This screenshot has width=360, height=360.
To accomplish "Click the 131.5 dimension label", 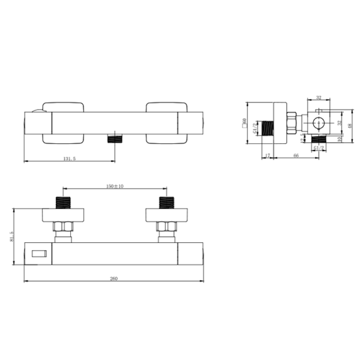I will click(69, 158).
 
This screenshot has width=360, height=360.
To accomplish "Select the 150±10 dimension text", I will click(114, 186).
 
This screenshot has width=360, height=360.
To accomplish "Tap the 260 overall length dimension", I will click(113, 279).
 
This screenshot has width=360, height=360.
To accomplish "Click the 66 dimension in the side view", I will click(296, 155).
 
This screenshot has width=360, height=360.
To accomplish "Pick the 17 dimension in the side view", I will click(268, 155).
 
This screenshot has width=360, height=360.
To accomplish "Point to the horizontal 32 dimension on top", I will click(319, 97).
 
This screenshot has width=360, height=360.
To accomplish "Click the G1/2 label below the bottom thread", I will click(319, 147).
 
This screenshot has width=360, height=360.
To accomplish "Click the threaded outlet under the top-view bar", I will click(115, 138).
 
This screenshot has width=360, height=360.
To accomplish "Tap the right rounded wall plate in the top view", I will click(166, 122).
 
